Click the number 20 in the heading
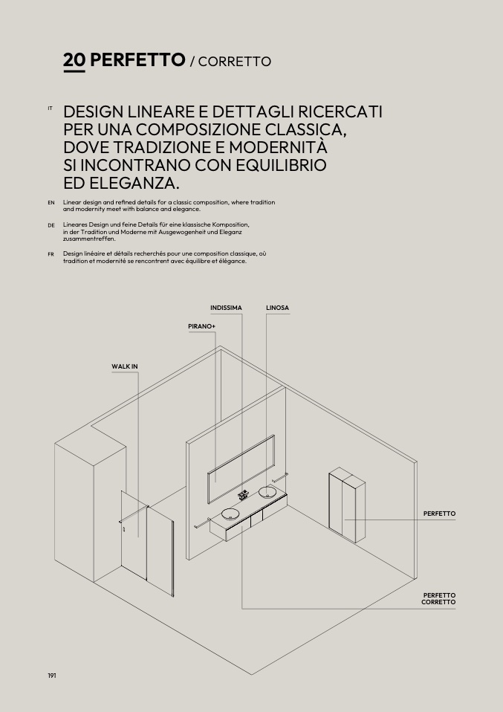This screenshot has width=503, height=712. point(74,60)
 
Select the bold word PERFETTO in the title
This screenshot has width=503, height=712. point(137,60)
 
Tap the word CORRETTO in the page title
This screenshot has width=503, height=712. point(235,62)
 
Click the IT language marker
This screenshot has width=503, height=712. point(50,109)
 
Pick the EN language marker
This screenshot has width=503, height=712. point(51,202)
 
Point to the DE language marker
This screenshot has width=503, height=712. point(51,224)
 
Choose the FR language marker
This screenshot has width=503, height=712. point(51,254)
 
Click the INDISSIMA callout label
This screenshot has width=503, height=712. point(226,308)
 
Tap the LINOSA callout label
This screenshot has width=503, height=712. point(277,308)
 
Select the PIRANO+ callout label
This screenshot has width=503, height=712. point(201,326)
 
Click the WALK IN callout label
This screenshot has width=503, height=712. point(125,366)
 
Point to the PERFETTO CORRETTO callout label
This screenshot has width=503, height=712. point(438,598)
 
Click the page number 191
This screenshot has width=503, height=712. point(52,675)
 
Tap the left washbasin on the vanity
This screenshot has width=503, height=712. point(230,514)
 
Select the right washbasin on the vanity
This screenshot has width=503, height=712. point(267,491)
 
